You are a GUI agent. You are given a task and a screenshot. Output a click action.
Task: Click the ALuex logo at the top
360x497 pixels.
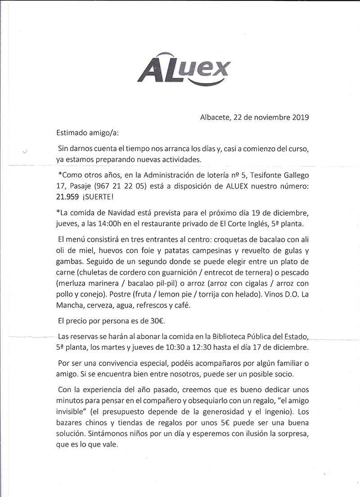(x=184, y=71)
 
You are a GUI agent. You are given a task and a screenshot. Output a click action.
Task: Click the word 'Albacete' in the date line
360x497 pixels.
(x=214, y=118)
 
